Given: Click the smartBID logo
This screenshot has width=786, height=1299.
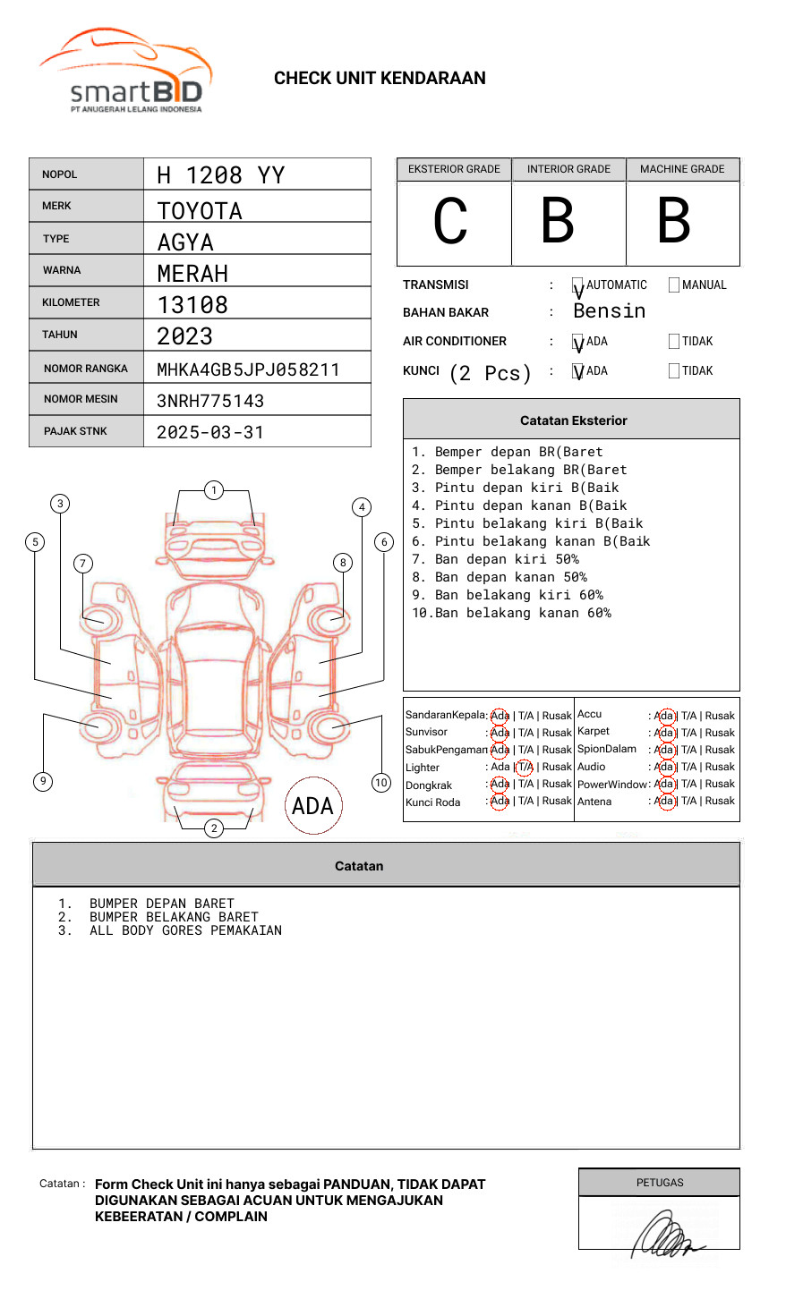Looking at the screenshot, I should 125,72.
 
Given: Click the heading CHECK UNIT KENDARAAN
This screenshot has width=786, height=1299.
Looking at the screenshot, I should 380,79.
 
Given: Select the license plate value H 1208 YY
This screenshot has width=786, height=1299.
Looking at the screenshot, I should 220,175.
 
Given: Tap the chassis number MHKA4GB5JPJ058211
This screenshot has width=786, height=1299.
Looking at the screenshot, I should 248,369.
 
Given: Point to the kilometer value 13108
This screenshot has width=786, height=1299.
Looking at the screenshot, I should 192,305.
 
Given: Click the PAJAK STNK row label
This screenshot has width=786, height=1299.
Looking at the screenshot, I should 75,431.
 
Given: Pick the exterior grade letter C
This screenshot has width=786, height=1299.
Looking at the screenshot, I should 450,222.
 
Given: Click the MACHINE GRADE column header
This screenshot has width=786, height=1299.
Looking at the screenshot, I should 682,169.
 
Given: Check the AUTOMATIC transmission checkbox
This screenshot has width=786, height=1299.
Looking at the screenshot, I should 578,286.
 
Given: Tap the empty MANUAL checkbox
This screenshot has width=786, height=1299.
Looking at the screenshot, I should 674,285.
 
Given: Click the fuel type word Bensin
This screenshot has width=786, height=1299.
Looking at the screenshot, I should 609,311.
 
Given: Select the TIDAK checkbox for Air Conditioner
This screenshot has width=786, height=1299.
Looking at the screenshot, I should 674,342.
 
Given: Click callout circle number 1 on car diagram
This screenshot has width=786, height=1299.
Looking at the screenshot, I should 213,490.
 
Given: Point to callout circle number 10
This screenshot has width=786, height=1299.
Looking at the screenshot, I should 381,783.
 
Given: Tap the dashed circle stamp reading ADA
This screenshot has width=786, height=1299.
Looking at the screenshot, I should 312,806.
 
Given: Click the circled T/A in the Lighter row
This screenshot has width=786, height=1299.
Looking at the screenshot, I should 525,768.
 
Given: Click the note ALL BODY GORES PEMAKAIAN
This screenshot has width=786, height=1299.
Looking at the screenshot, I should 185,931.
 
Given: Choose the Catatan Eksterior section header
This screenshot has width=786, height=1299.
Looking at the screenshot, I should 573,420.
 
